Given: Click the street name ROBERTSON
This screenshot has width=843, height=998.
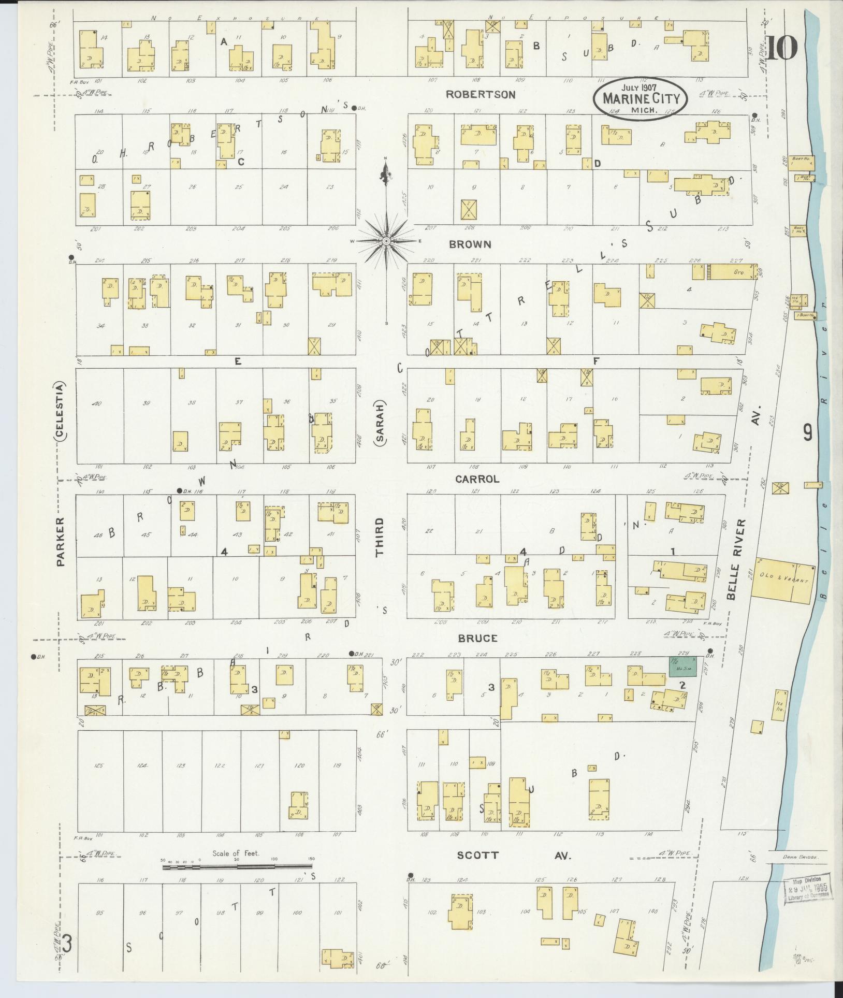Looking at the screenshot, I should [481, 94].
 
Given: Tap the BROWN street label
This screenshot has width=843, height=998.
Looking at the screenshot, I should [470, 244].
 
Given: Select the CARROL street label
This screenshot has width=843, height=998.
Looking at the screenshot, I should [477, 479].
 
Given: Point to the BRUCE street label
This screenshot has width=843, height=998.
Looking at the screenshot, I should [477, 638].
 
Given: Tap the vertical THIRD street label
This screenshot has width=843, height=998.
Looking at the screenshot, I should [381, 537].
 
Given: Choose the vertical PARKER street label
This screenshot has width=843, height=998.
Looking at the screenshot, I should [61, 541].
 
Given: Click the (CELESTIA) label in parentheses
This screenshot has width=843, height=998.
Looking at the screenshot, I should [61, 412].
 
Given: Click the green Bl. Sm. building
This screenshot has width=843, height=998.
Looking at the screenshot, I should [682, 666].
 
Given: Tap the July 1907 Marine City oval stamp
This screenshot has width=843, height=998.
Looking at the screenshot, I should [641, 98].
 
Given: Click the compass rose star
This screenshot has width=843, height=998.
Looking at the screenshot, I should [386, 241].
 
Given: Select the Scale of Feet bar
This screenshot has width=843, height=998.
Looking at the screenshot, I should [238, 865].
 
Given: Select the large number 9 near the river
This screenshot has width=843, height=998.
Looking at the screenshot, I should [807, 431].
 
